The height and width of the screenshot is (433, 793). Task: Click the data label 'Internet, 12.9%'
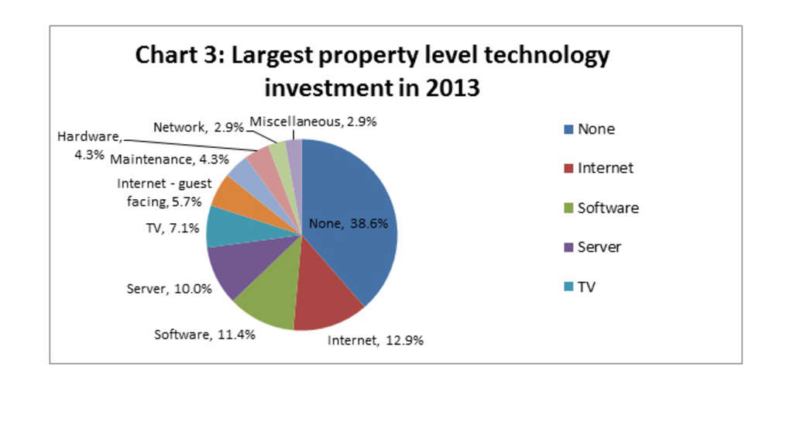376,340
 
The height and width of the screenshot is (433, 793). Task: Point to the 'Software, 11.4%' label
204,335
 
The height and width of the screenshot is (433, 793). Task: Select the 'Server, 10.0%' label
169,288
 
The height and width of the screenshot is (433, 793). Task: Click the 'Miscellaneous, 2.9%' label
313,122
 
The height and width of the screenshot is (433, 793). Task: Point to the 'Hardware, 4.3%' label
89,144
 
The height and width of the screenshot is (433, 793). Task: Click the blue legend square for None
569,129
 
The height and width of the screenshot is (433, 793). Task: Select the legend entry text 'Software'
608,208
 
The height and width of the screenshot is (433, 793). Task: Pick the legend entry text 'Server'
599,247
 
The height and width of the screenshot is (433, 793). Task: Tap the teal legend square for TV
569,287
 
